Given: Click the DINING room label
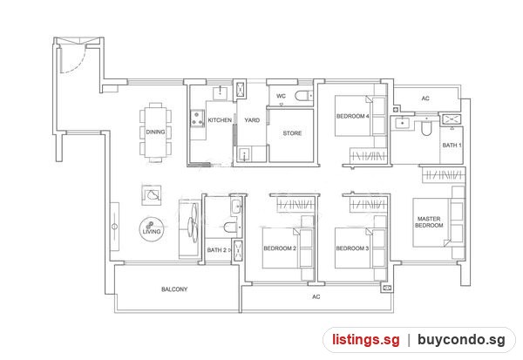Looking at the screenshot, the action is [155, 132].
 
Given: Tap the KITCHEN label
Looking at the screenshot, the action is [220, 119].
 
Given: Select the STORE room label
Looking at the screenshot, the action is [292, 133].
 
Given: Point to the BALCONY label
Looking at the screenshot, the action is [174, 289].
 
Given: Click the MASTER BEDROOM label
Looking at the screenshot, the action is [429, 222].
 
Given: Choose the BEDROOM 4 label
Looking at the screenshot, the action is [352, 116].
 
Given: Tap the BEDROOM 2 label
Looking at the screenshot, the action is [280, 248].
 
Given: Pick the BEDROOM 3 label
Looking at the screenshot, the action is [352, 248].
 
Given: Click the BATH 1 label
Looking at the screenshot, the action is [452, 146].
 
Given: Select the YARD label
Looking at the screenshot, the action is [252, 120].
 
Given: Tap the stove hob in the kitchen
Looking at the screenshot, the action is [197, 119].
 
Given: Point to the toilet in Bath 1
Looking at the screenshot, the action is [426, 127].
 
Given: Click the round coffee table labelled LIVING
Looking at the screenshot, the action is [152, 229].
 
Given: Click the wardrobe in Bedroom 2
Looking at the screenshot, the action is [295, 203].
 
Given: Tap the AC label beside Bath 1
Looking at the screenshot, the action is [425, 98].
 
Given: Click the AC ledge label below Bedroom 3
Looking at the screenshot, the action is [316, 296].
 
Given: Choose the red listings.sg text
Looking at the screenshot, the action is [365, 340].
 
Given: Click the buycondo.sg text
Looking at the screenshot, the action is [461, 340].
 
